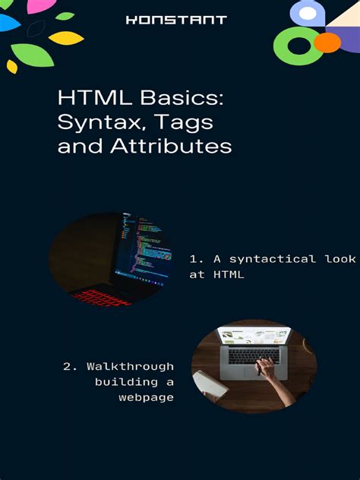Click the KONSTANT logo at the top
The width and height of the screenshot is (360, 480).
click(176, 20)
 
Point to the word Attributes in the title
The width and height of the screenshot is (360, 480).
click(171, 145)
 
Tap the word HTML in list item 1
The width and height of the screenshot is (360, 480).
click(228, 275)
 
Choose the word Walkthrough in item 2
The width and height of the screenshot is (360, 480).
click(130, 367)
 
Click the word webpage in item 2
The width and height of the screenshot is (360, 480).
click(146, 397)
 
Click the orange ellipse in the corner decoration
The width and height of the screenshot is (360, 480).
click(327, 43)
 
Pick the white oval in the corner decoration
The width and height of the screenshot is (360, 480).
click(307, 13)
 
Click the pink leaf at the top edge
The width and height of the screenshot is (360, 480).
click(33, 6)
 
